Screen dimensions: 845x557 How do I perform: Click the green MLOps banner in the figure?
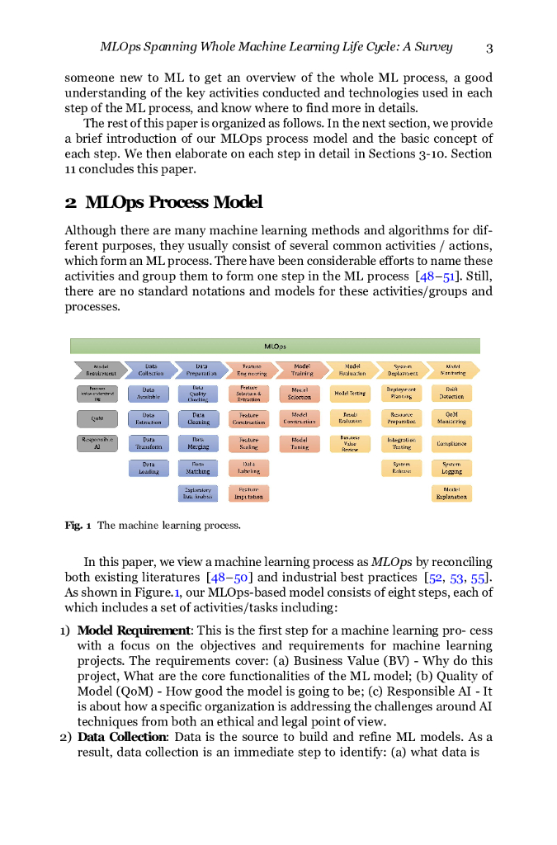275,347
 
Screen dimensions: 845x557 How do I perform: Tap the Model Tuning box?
300,444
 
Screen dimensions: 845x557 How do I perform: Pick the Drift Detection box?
451,393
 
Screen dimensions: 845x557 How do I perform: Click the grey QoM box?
97,418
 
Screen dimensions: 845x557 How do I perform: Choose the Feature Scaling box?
248,444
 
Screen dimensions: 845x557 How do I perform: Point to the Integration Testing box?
401,444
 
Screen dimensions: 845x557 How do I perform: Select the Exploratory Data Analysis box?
198,493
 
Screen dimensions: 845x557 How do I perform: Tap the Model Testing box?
350,394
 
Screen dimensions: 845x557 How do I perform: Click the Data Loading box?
149,469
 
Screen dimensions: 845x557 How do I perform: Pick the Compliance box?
451,444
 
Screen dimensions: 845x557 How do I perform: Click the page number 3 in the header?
489,47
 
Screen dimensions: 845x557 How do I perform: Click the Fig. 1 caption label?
78,526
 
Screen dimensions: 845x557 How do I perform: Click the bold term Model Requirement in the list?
134,631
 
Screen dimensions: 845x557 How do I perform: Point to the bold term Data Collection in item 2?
122,737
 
